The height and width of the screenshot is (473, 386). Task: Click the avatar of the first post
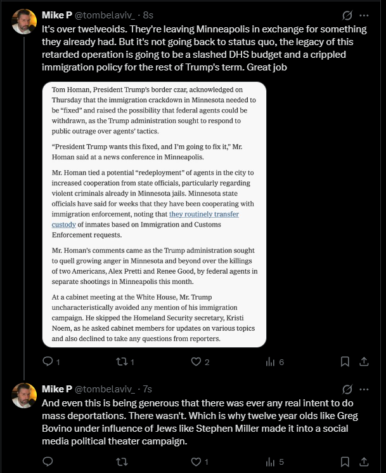pos(24,22)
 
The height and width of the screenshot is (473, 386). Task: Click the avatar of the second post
pos(24,395)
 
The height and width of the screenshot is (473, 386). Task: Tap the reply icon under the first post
pos(48,362)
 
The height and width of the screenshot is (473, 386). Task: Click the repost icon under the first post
pos(122,362)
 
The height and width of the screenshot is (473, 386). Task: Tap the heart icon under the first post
pos(196,362)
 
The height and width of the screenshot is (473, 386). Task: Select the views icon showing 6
pos(271,362)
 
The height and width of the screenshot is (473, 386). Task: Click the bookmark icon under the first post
pos(345,362)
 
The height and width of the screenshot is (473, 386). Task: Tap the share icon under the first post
pos(364,362)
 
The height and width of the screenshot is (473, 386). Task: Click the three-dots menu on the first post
pos(364,15)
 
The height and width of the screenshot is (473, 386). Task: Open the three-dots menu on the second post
pos(364,389)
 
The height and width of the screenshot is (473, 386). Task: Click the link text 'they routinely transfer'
pos(203,215)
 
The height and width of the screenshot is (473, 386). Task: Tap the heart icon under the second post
pos(196,462)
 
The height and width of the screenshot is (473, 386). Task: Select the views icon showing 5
pos(271,462)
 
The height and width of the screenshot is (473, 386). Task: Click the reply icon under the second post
pos(48,462)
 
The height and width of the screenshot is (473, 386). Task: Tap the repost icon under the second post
pos(122,462)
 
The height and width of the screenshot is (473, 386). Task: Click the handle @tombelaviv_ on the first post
pos(105,15)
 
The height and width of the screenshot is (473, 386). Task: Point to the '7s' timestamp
pos(147,389)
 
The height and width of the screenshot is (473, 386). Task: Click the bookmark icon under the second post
pos(345,462)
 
